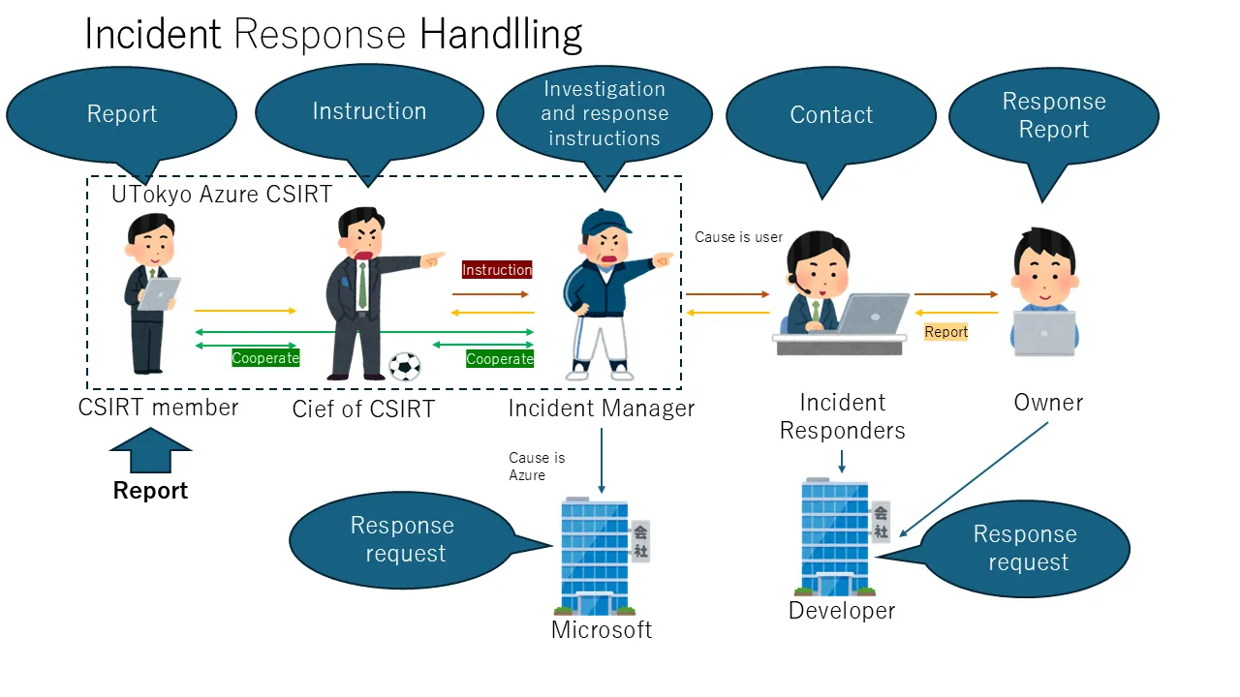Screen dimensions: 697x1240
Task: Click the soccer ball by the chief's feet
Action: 405,365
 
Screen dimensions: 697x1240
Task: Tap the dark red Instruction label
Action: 497,270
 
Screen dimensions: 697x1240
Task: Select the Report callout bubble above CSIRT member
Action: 121,113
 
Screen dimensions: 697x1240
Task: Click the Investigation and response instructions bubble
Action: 604,113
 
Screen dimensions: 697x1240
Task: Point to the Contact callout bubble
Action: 831,114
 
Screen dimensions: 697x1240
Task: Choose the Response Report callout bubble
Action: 1053,115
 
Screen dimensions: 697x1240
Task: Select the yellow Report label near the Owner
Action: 946,332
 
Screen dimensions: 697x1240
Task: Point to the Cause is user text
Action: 738,237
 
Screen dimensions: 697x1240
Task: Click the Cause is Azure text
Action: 536,466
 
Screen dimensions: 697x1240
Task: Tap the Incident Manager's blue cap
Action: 605,222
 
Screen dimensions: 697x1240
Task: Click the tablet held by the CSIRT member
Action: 159,293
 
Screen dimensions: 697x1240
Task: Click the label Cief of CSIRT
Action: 363,409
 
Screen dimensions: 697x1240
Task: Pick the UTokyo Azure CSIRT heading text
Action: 222,194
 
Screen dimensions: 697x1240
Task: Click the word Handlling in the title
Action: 501,35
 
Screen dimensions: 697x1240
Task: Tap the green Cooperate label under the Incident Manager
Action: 500,359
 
